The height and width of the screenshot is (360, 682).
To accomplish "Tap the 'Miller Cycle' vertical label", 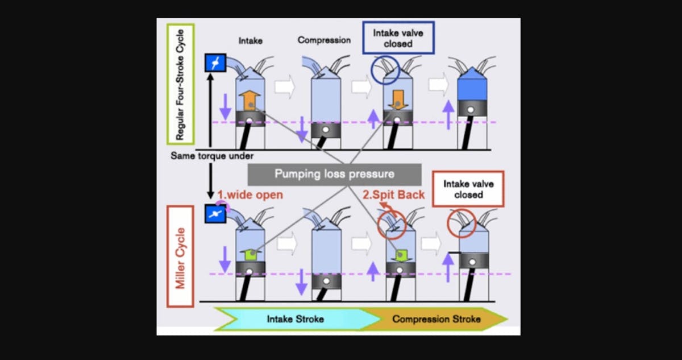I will [x=180, y=256].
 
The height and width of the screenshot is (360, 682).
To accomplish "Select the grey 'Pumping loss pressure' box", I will [x=334, y=174].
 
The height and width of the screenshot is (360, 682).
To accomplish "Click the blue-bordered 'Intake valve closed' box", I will [x=398, y=38].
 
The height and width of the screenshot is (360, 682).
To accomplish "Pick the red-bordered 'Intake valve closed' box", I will [x=468, y=189].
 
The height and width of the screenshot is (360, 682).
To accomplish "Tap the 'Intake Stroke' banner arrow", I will [x=296, y=318].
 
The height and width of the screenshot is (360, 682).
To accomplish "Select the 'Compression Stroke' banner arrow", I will [x=436, y=318].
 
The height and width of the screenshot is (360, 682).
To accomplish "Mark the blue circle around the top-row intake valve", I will [x=386, y=71].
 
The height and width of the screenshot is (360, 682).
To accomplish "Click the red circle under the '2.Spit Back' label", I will [x=390, y=224].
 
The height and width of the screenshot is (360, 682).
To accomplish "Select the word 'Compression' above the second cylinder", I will [x=324, y=40].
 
